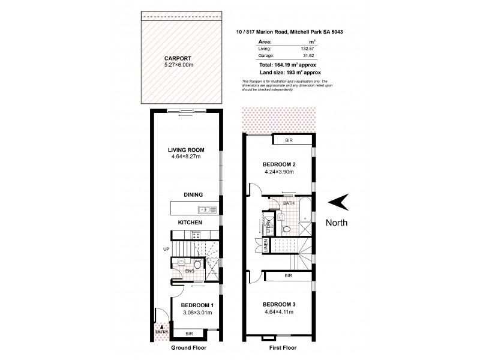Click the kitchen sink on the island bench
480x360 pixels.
205,209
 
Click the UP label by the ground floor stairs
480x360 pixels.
166,249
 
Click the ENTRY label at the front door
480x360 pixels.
160,331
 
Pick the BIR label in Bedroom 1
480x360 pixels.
189,332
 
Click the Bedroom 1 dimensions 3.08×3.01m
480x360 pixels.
199,312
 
